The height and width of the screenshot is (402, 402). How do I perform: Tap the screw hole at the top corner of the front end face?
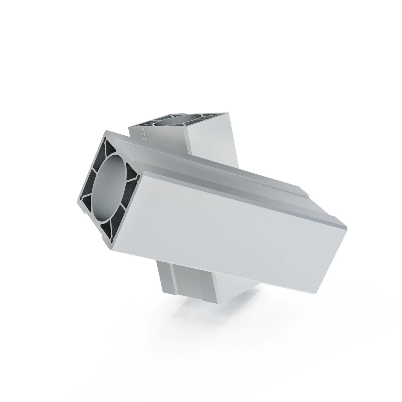(x=105, y=139)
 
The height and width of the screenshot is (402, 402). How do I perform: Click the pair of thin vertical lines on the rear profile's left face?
(x=144, y=134)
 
